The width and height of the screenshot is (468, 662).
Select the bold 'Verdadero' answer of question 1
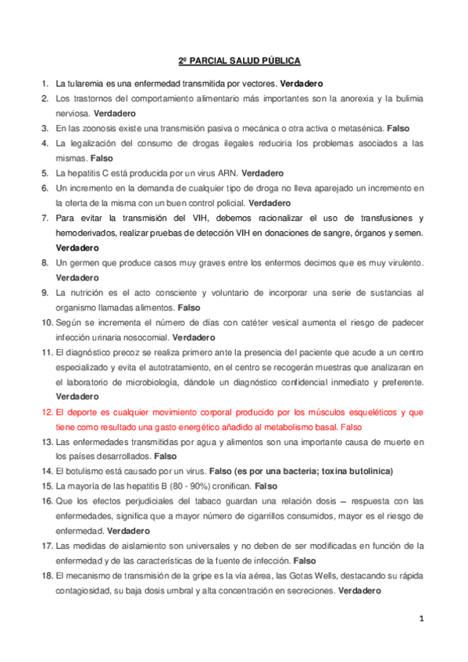pos(302,83)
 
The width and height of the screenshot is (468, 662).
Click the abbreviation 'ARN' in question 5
pos(227,173)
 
